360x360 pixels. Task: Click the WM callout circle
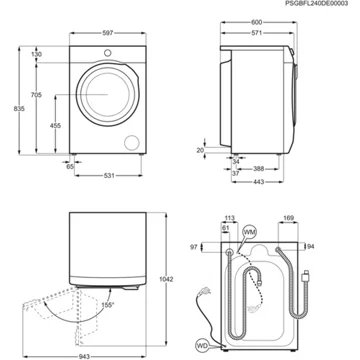coord(249,232)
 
